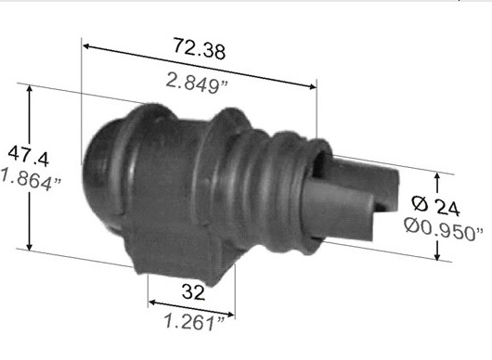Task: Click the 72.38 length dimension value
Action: click(x=199, y=48)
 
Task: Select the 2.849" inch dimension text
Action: click(x=197, y=83)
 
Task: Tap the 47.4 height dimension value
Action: click(x=28, y=155)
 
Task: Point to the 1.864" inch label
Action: click(x=31, y=179)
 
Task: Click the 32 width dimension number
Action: click(x=193, y=292)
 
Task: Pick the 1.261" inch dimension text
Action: click(x=195, y=322)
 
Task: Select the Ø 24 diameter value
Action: click(x=435, y=205)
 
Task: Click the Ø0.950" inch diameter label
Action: click(x=444, y=230)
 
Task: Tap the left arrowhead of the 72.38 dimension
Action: click(x=87, y=46)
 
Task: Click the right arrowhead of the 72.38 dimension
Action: click(x=312, y=86)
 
